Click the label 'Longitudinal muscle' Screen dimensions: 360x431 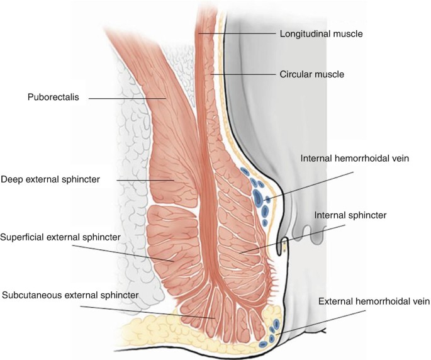[x=321, y=33]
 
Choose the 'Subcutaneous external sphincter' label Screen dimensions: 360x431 [x=70, y=295]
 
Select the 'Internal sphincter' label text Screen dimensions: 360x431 [x=350, y=215]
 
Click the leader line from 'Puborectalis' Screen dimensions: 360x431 [x=126, y=98]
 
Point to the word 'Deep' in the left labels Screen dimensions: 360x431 [x=11, y=179]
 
